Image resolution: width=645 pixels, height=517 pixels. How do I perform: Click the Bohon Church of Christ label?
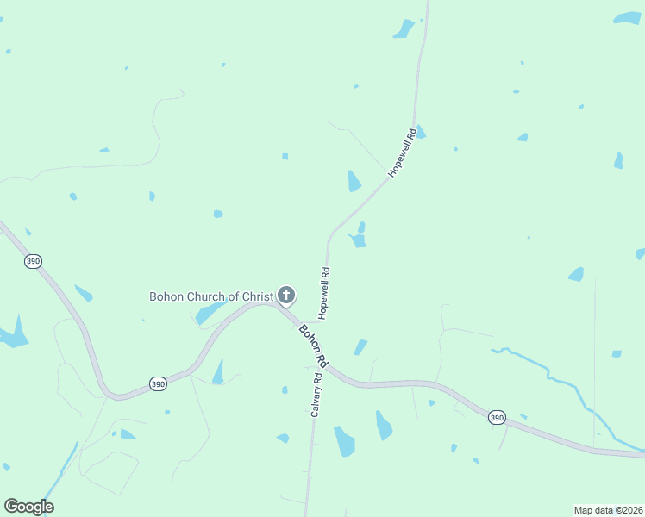click(211, 296)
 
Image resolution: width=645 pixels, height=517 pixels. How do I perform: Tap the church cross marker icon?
click(286, 296)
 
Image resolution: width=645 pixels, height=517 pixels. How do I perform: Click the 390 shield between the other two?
click(157, 383)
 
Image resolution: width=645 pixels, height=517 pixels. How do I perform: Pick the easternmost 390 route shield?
click(497, 417)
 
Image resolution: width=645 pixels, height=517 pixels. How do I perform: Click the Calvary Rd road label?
click(317, 395)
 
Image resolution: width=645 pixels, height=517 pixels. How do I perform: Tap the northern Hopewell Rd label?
click(404, 153)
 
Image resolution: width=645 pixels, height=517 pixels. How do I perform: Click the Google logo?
click(28, 507)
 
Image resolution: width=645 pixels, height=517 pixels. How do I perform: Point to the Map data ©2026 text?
click(608, 509)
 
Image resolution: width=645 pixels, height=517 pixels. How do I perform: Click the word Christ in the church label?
click(257, 296)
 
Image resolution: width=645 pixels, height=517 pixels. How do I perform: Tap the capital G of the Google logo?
click(11, 507)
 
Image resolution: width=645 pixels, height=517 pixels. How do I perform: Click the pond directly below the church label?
click(210, 313)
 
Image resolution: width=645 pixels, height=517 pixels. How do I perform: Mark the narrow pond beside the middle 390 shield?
click(218, 372)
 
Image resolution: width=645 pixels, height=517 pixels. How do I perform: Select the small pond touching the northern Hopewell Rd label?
click(421, 133)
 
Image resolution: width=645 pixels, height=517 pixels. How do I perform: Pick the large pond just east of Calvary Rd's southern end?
click(345, 440)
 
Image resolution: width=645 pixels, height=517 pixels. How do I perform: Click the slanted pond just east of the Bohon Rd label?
click(360, 347)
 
